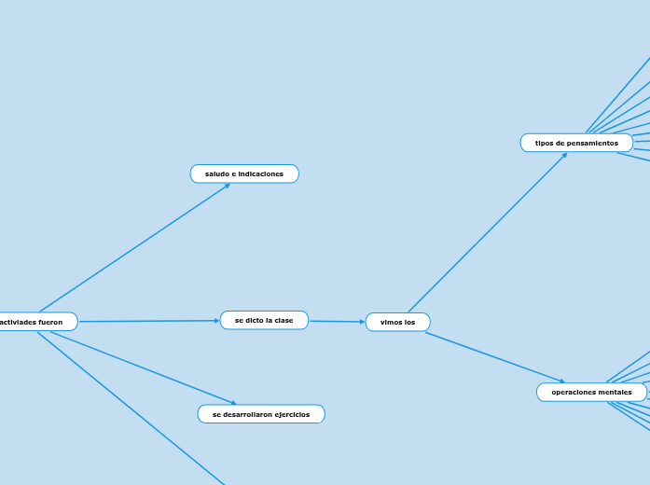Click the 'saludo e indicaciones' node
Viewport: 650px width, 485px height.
click(x=244, y=174)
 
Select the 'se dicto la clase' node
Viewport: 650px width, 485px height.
click(x=264, y=321)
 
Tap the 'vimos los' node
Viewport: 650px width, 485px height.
click(x=397, y=322)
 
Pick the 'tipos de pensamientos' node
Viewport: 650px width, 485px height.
click(x=576, y=143)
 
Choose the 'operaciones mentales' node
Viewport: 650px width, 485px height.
click(x=591, y=393)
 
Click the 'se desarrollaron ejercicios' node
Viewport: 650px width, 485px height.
click(x=261, y=414)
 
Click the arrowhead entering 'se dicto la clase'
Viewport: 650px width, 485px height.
click(x=216, y=321)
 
